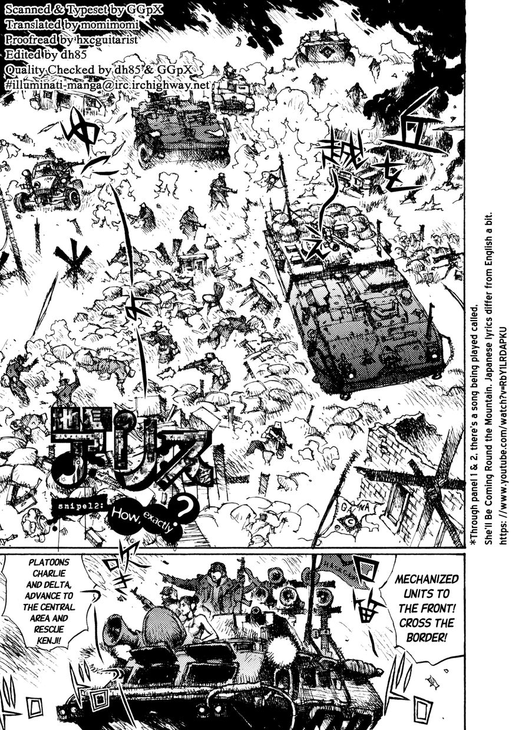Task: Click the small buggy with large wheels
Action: (x=48, y=183)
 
